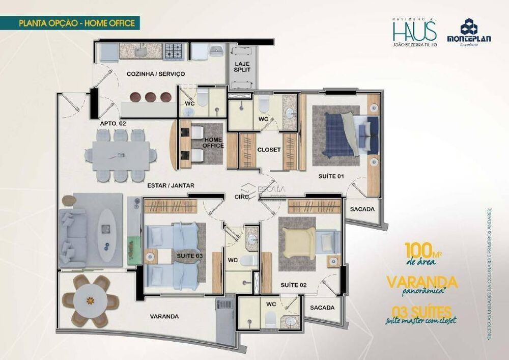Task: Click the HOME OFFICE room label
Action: click(x=213, y=142)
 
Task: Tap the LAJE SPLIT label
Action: click(x=242, y=67)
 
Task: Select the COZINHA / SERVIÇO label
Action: click(x=156, y=74)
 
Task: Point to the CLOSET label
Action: click(x=268, y=150)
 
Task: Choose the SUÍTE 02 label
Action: click(x=293, y=285)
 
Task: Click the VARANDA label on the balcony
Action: click(x=164, y=316)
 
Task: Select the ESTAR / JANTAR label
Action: click(x=171, y=186)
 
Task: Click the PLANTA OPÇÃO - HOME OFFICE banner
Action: click(x=76, y=23)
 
